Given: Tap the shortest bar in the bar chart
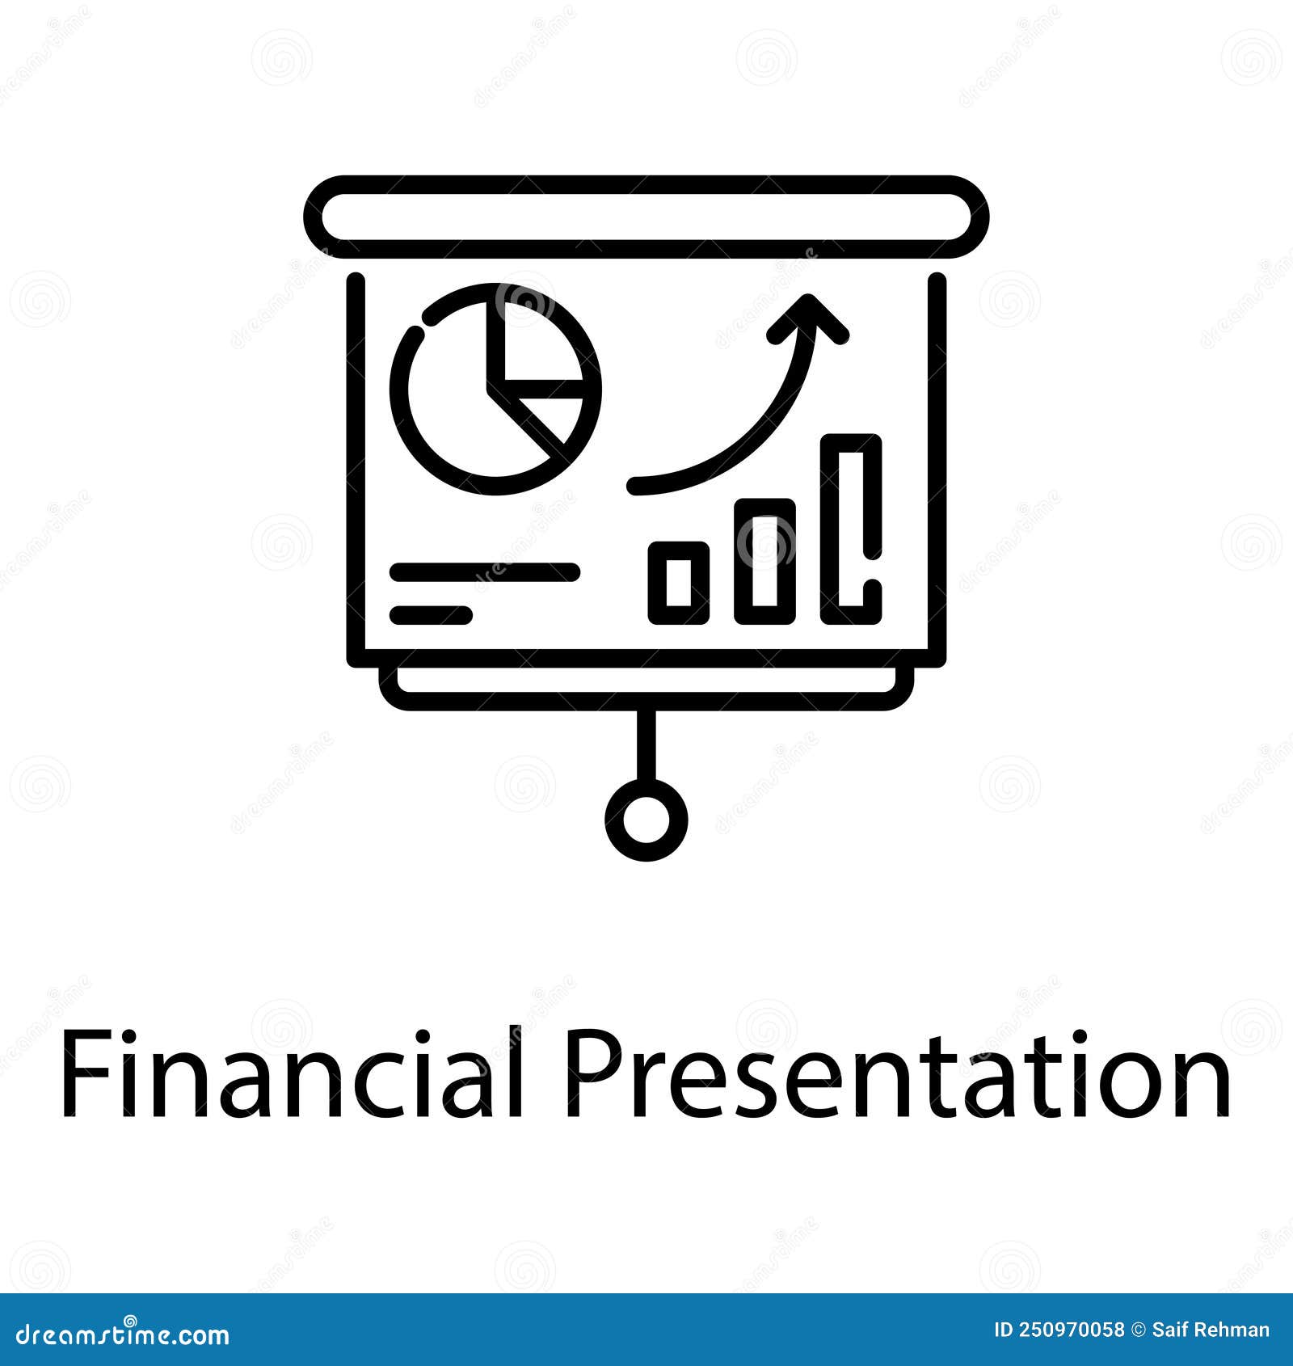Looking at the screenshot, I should pyautogui.click(x=678, y=583).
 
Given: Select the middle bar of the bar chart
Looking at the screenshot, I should pyautogui.click(x=764, y=561).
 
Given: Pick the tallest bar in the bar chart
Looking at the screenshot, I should pyautogui.click(x=850, y=529).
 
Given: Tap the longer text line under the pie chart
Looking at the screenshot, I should pyautogui.click(x=485, y=572).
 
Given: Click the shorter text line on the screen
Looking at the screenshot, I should pyautogui.click(x=431, y=615).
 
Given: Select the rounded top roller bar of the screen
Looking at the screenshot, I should pyautogui.click(x=646, y=217).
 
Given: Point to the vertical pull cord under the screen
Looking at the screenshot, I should pyautogui.click(x=646, y=745).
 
